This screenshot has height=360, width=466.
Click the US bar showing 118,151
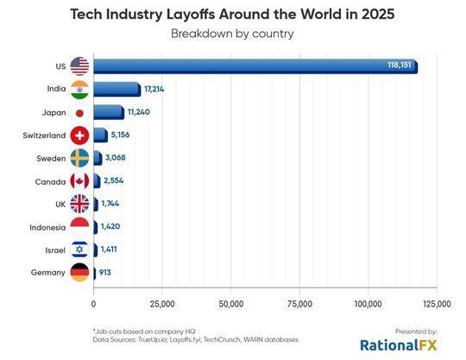(x=255, y=66)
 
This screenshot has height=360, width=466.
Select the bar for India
(x=116, y=89)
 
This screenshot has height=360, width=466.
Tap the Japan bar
(x=108, y=112)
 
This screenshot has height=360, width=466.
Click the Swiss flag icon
(x=79, y=136)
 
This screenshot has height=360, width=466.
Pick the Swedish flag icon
(x=79, y=158)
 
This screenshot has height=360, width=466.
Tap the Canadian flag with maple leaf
(x=79, y=181)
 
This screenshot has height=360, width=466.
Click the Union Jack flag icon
(x=79, y=205)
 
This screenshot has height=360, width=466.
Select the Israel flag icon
(x=79, y=250)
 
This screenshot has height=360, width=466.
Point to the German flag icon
(x=79, y=273)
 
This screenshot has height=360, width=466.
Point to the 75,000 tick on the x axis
(x=299, y=304)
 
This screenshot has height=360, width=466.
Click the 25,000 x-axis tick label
(x=162, y=304)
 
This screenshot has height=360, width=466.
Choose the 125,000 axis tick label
(x=437, y=304)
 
